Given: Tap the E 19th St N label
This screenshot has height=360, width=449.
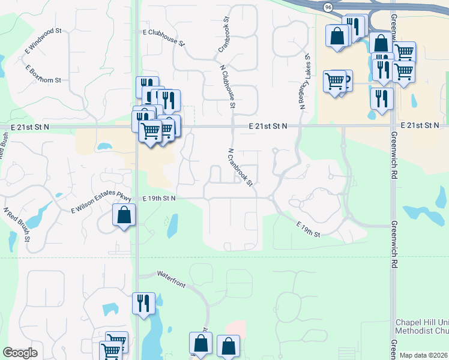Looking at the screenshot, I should click(159, 197).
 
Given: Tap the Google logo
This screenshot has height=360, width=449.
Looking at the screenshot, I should click(20, 353).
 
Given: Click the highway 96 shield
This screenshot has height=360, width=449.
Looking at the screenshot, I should click(327, 7).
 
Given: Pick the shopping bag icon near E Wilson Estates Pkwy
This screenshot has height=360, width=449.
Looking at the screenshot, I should click(123, 215).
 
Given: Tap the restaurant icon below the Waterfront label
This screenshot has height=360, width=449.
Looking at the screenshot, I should click(143, 302).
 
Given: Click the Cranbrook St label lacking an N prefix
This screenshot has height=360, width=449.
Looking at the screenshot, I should click(224, 37).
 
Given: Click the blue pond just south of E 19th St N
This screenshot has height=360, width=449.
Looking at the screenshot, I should click(172, 225).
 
